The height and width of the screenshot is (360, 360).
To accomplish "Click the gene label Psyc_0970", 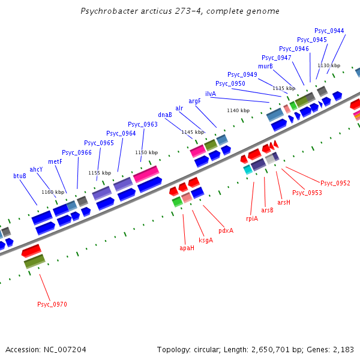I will coord(52,304).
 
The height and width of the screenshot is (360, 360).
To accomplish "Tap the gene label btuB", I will coord(20,176).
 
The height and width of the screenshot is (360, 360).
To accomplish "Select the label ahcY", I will coord(36,169).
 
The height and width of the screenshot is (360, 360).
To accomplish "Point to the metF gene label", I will coord(55,161).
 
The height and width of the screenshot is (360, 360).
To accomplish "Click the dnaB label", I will coord(165,115).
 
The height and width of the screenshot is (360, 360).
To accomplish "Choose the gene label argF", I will coord(195,101).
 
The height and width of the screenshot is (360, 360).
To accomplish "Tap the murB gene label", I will coord(266,66).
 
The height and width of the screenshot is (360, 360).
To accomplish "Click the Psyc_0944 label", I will coord(329,31).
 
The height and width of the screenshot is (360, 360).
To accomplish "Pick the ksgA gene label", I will coord(206,239).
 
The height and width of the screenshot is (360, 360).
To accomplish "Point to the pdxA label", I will coord(226,230).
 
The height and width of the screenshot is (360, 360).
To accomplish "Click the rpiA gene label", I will coord(252,218).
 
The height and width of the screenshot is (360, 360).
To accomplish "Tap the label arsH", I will coord(284,203).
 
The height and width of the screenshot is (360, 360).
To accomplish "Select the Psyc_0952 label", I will coord(335,183).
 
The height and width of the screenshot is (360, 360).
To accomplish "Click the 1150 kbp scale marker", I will coord(146,152).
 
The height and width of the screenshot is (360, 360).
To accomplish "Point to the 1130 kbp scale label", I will coord(329,65).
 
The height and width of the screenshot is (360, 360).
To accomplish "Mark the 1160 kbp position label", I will coord(53,192).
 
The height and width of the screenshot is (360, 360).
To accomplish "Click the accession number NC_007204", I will coord(65,349).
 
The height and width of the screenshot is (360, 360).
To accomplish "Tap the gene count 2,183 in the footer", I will coord(343,349).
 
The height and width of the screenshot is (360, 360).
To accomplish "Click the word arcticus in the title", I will coord(139,11).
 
